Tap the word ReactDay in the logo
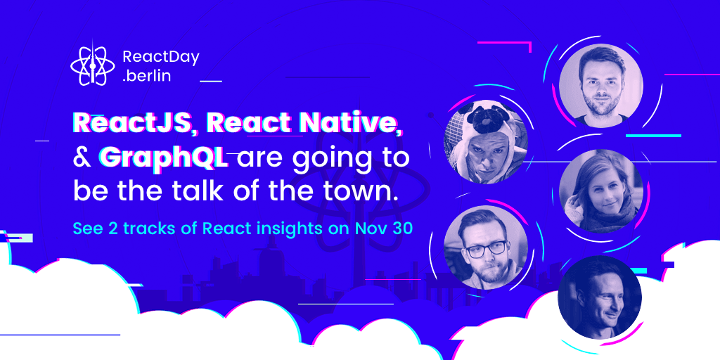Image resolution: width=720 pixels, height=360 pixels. pos(161,58)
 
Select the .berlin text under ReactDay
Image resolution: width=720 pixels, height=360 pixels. pos(147,76)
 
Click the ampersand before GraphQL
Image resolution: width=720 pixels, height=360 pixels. pos(82,157)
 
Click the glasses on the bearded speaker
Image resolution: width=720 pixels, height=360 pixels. pos(486,250)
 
